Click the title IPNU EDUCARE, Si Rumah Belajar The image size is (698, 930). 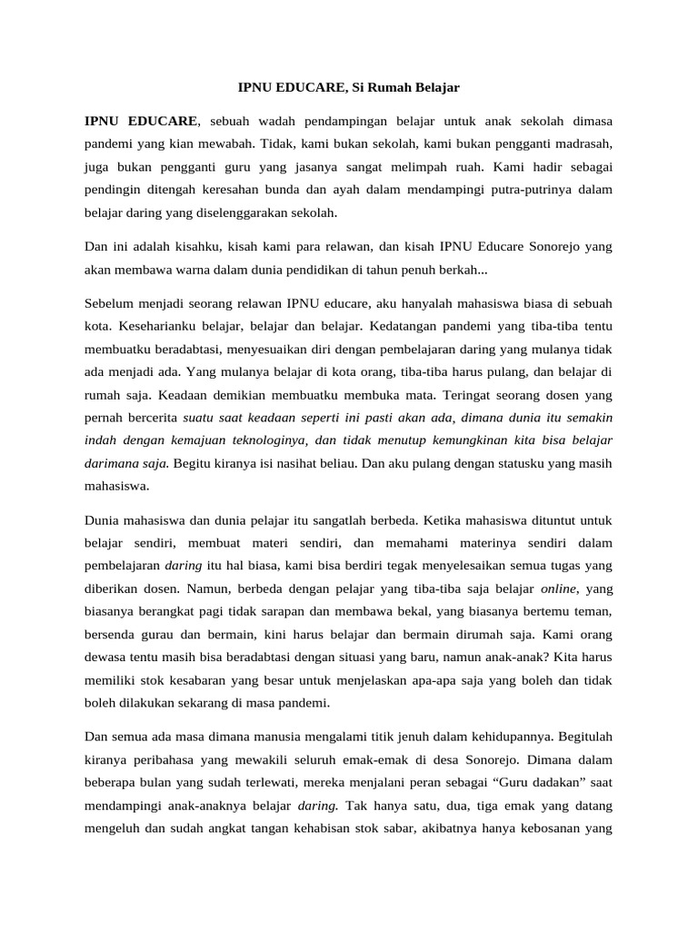pyautogui.click(x=349, y=88)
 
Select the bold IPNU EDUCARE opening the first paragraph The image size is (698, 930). pyautogui.click(x=141, y=120)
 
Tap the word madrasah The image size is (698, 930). pyautogui.click(x=583, y=143)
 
